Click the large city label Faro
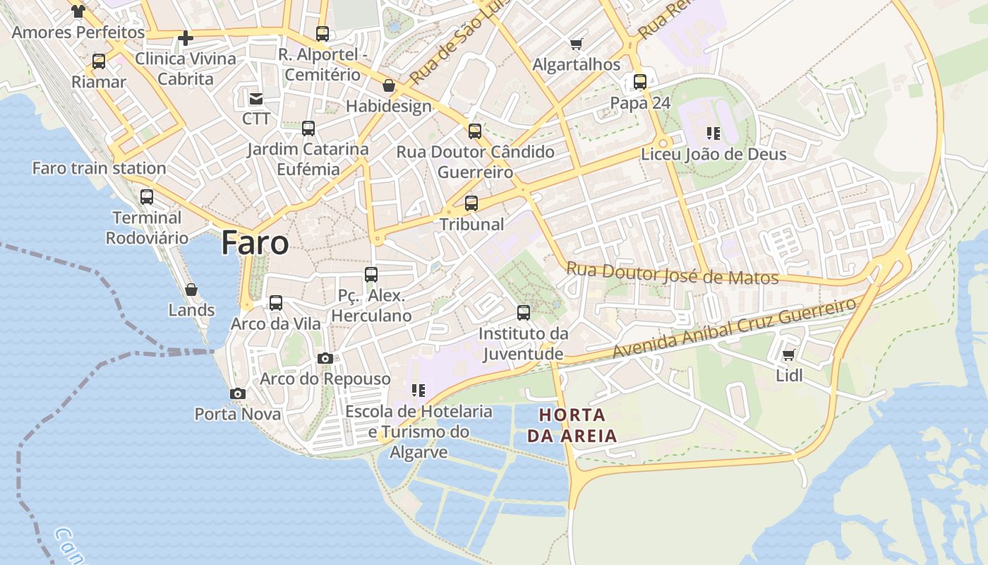(x=255, y=243)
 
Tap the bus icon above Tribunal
(x=471, y=203)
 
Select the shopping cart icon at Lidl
(x=788, y=355)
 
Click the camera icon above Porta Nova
(x=238, y=393)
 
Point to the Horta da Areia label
(x=572, y=425)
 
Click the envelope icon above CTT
(x=255, y=98)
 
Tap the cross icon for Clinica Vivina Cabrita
(x=186, y=37)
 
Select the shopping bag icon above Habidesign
(x=388, y=86)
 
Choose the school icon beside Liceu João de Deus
(x=713, y=133)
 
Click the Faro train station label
(x=99, y=168)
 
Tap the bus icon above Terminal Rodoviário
(x=147, y=197)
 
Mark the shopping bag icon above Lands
(x=191, y=290)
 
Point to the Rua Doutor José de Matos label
(x=672, y=273)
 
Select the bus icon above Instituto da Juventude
(x=523, y=312)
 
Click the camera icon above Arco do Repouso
(x=325, y=358)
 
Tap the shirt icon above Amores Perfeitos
(x=78, y=11)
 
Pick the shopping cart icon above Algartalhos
(x=576, y=44)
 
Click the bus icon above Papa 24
(x=639, y=82)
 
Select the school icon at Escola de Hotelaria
(x=418, y=390)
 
